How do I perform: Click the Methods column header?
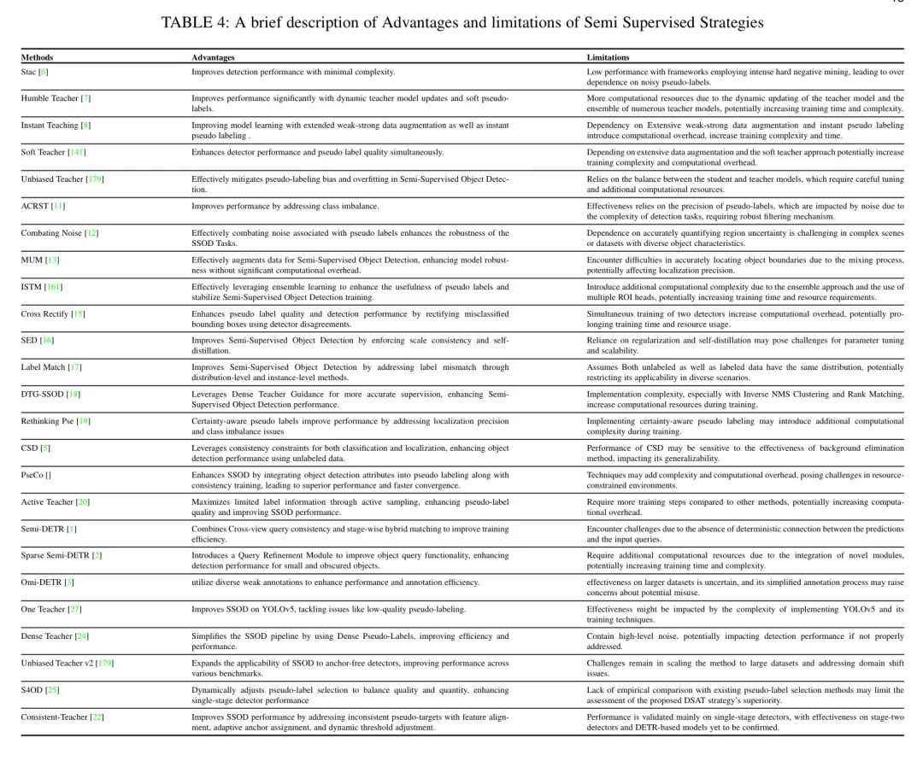pos(37,57)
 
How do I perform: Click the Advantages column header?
pos(213,57)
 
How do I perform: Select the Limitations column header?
pos(608,57)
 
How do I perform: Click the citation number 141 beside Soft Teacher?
pos(77,152)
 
